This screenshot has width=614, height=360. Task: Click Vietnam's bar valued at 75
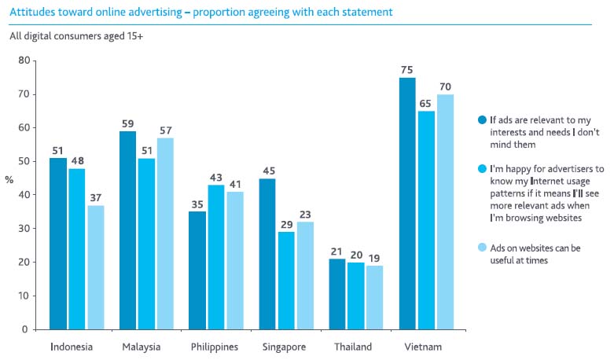(x=407, y=203)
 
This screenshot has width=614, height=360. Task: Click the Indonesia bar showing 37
(x=95, y=267)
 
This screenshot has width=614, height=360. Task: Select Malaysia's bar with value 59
(x=127, y=230)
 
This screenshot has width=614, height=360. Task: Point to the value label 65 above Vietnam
(x=426, y=103)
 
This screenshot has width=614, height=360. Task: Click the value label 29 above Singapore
(x=286, y=224)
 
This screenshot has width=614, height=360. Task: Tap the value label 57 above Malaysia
(x=164, y=130)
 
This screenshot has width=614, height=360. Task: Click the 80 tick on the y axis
(x=24, y=61)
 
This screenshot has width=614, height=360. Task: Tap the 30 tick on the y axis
(x=24, y=229)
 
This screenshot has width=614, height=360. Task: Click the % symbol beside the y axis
(x=9, y=179)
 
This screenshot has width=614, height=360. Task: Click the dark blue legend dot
(x=482, y=120)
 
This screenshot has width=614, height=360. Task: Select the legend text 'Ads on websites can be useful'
(x=535, y=254)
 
